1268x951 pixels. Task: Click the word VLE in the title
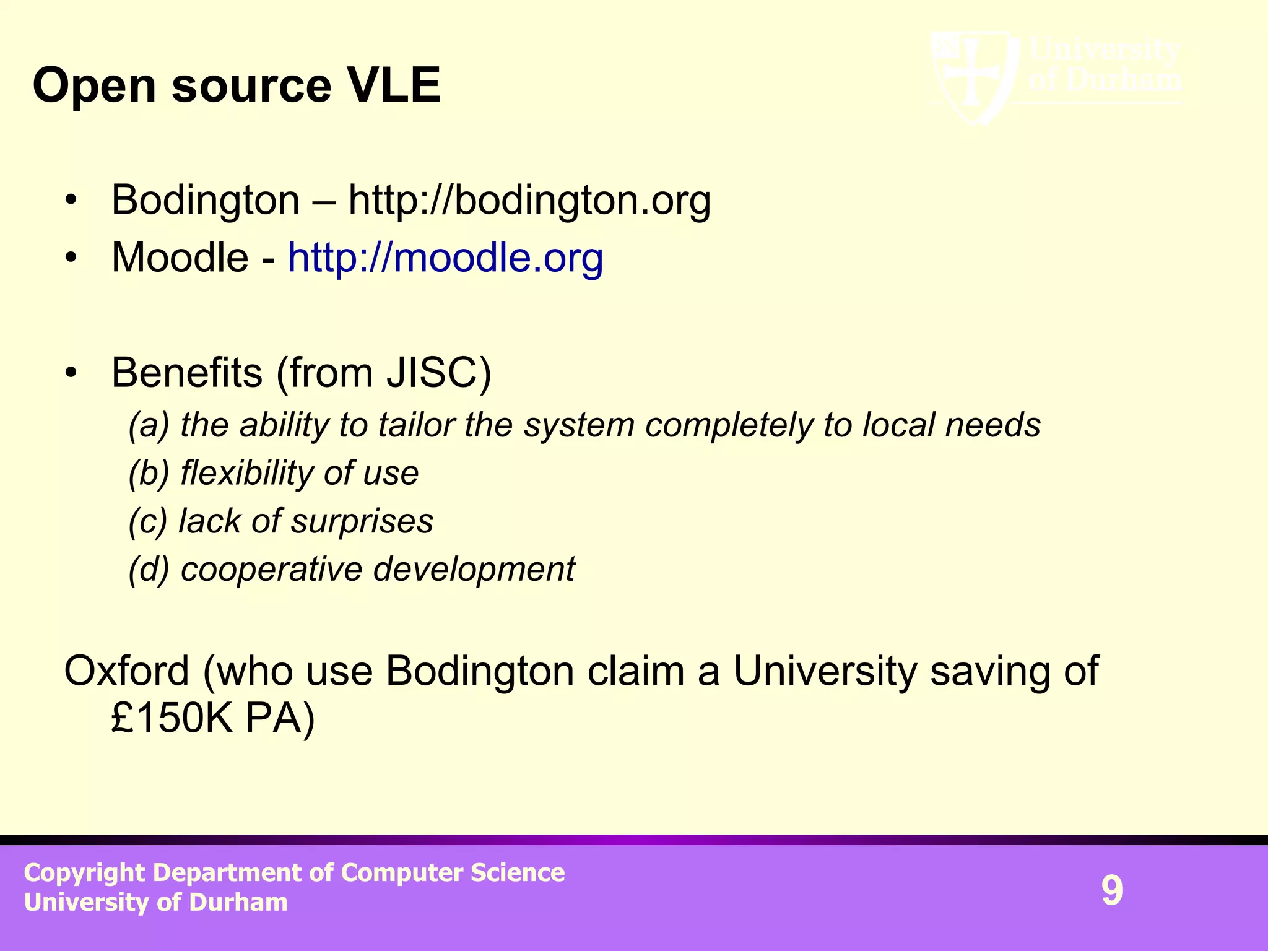(394, 85)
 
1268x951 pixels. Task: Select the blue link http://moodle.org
(445, 258)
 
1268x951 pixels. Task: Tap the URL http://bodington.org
(529, 201)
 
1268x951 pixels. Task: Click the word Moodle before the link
(180, 258)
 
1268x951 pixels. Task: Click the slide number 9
(1111, 891)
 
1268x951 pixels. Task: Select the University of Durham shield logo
(973, 77)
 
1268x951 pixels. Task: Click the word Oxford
(126, 671)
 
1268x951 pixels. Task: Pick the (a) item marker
(149, 425)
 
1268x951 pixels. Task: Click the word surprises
(362, 521)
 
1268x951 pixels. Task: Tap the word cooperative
(271, 569)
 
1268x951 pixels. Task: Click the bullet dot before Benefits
(72, 373)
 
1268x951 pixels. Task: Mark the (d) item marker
(149, 569)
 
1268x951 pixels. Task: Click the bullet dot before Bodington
(72, 201)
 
